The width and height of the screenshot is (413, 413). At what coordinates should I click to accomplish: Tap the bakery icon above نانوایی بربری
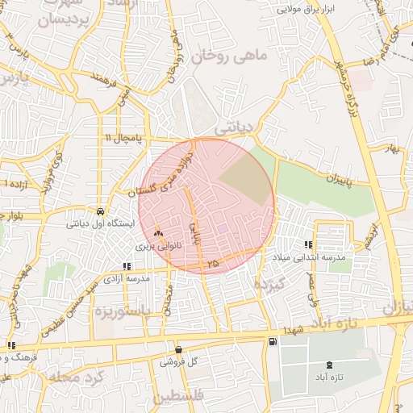coord(157,232)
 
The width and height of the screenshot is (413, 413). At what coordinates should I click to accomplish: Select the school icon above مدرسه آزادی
coord(125,265)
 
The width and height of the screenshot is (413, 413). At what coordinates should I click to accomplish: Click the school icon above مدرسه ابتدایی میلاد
coord(307,244)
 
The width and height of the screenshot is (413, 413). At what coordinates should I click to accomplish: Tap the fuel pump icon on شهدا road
coord(272,342)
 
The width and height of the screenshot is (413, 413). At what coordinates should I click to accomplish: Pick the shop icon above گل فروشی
coord(178,350)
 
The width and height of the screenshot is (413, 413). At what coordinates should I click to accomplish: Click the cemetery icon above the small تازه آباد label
coord(328,365)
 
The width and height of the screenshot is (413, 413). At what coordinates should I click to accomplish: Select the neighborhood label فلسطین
coord(181,396)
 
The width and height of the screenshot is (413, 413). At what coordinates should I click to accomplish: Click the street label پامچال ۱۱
coord(122,139)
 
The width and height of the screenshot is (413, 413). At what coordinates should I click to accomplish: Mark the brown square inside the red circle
coord(246,181)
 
